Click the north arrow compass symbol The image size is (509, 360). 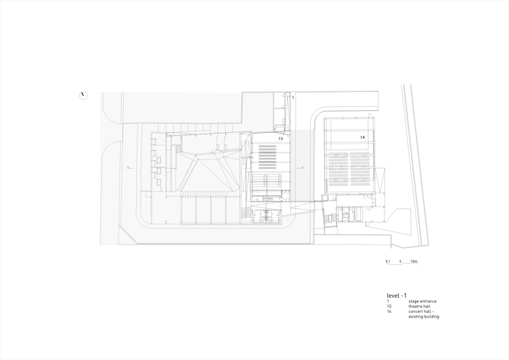[83, 96]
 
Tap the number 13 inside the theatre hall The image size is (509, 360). [280, 139]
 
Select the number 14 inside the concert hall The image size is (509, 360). [362, 137]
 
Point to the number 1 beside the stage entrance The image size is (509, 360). [292, 97]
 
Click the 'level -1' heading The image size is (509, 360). [397, 295]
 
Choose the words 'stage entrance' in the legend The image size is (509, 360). [422, 302]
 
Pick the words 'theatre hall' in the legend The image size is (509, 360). [419, 306]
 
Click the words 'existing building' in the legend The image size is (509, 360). [424, 317]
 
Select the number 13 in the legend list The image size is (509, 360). [389, 306]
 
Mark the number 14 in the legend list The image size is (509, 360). [389, 311]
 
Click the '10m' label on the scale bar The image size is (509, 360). [414, 261]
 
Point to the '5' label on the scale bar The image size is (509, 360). [400, 261]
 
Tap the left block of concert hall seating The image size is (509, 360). [338, 171]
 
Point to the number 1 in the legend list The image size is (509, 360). [387, 302]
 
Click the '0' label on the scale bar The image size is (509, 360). [387, 261]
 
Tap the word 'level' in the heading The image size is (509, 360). [393, 295]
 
